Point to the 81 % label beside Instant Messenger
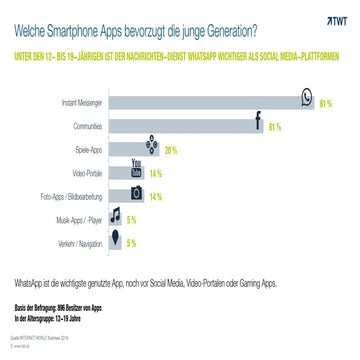tap(325, 103)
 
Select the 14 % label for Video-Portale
tap(155, 173)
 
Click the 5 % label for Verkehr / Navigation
tap(131, 243)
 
